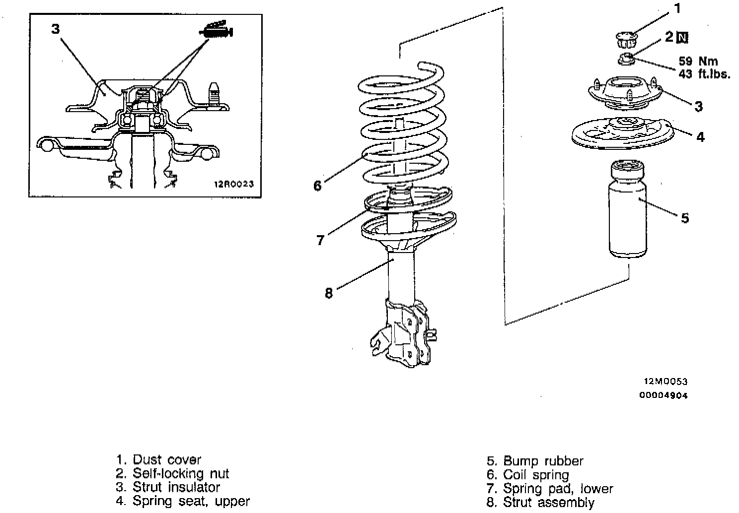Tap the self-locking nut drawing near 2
coord(626,59)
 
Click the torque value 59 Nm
coord(698,62)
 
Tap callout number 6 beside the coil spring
coord(318,186)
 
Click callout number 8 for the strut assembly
coord(328,293)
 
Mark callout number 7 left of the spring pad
coord(320,240)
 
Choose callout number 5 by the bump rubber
coord(685,218)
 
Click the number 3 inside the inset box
coord(55,29)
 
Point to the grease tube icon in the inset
coord(217,31)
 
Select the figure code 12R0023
coord(234,184)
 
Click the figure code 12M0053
coord(665,382)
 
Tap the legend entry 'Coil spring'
coord(536,475)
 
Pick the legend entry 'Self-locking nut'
coord(181,473)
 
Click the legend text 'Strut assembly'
coord(548,503)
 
